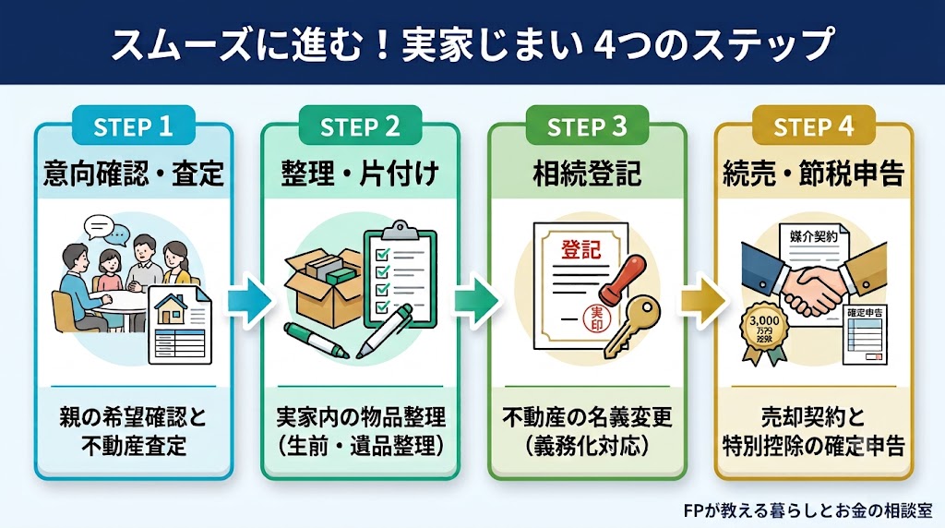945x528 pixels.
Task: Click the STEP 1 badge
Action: (x=133, y=126)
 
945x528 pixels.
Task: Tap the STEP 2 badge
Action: (x=360, y=126)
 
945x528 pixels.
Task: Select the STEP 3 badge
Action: (x=587, y=126)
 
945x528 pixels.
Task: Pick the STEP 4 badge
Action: (x=814, y=126)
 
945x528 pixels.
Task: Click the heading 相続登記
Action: (x=587, y=174)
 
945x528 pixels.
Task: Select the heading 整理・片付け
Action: (x=361, y=174)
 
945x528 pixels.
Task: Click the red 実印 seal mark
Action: (x=597, y=318)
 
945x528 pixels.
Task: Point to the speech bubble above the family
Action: (x=100, y=228)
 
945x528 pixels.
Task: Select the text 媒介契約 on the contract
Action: (x=814, y=236)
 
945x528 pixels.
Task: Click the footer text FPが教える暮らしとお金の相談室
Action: (x=808, y=511)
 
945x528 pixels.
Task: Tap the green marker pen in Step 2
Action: (x=317, y=341)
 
